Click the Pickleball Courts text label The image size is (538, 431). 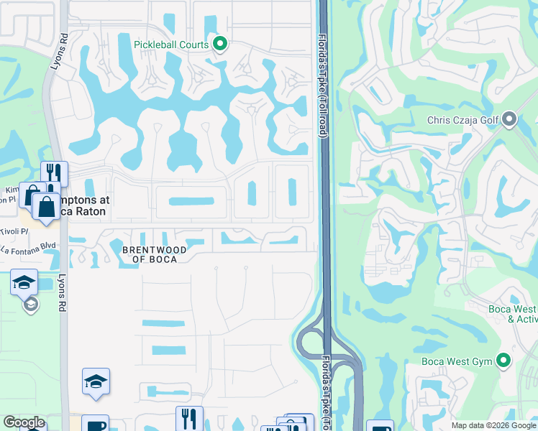[x=171, y=45]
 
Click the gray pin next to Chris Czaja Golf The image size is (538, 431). [x=510, y=119]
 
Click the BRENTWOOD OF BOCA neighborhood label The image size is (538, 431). [x=154, y=254]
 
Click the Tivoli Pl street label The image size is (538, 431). [x=14, y=231]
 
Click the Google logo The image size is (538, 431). [x=24, y=422]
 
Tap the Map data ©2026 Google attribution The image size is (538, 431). [x=493, y=425]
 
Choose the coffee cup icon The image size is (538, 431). [x=95, y=425]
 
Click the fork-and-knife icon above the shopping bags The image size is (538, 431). [x=54, y=172]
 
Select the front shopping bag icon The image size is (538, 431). [x=46, y=205]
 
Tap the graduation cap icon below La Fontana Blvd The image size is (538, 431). [x=24, y=282]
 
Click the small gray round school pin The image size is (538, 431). [x=30, y=305]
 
